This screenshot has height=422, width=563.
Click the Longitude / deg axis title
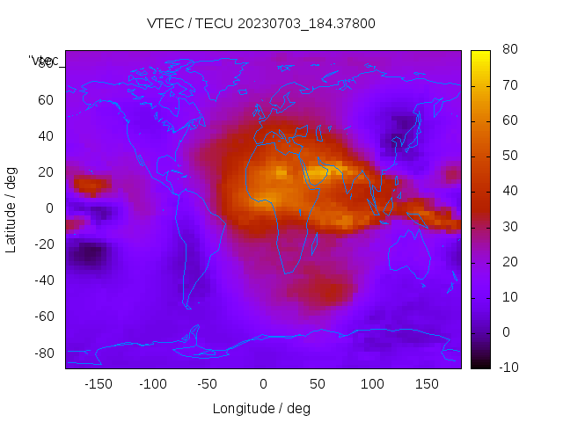(x=261, y=408)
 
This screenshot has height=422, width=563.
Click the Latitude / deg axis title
(x=11, y=207)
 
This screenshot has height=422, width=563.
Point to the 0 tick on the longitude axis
(x=262, y=383)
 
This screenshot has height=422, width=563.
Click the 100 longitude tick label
(x=372, y=383)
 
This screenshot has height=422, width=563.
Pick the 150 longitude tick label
(x=427, y=383)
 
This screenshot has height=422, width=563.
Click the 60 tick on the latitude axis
(x=46, y=99)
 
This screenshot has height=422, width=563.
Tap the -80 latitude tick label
(x=43, y=353)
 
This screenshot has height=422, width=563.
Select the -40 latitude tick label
(x=43, y=280)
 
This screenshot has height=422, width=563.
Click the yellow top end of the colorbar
(x=480, y=55)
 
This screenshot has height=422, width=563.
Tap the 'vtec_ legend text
(x=44, y=61)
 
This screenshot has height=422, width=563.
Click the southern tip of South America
(x=187, y=307)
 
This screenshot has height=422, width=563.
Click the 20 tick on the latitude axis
(x=46, y=171)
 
